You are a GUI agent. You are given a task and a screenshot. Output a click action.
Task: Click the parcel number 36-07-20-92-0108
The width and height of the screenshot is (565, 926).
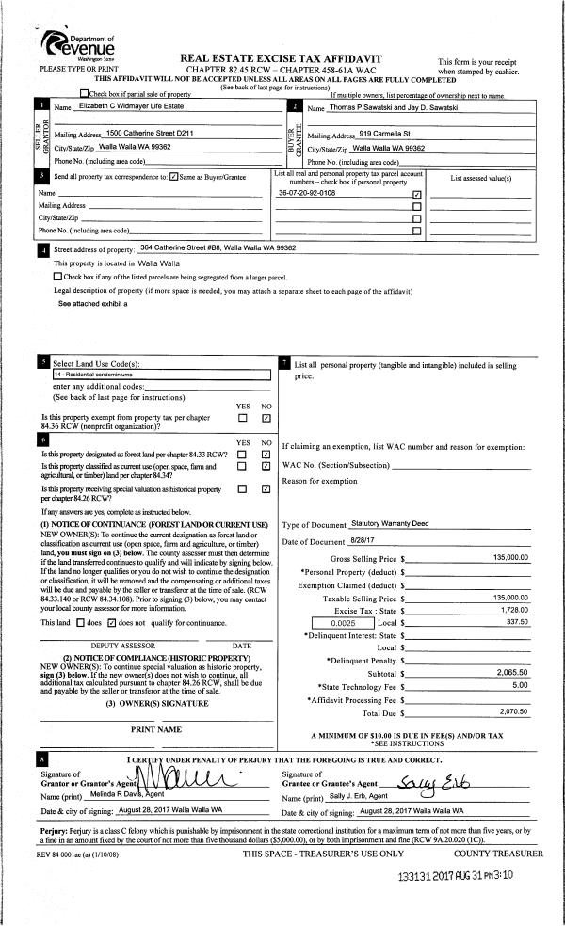coord(307,193)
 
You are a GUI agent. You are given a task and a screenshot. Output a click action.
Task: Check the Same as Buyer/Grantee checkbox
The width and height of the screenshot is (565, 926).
coord(172,176)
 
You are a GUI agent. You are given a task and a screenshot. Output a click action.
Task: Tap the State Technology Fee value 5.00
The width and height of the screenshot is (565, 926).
coord(519,686)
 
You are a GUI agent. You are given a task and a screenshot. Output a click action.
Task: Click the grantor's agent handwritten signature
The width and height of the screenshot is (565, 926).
coord(179,778)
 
